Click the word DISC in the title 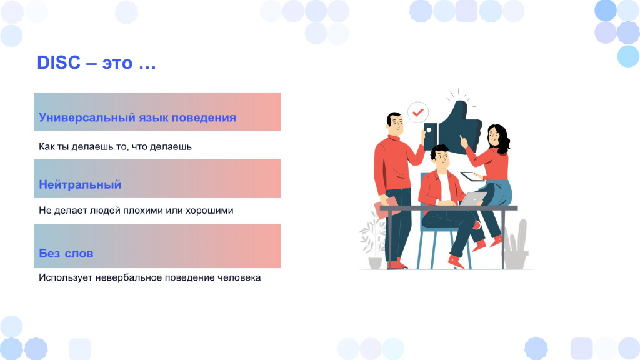pyautogui.click(x=59, y=63)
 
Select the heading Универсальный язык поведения pyautogui.click(x=137, y=117)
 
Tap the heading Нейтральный pyautogui.click(x=80, y=184)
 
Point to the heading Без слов pyautogui.click(x=66, y=254)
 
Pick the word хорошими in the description pyautogui.click(x=209, y=211)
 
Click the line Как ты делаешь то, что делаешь pyautogui.click(x=115, y=146)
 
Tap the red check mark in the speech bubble pyautogui.click(x=417, y=112)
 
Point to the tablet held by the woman pyautogui.click(x=472, y=176)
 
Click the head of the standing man pyautogui.click(x=395, y=123)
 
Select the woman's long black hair pyautogui.click(x=500, y=138)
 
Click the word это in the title pyautogui.click(x=117, y=64)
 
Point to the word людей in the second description pyautogui.click(x=105, y=211)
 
